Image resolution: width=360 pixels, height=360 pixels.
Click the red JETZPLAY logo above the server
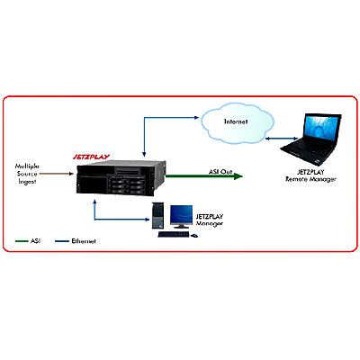91,157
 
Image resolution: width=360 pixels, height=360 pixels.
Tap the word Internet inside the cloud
236,121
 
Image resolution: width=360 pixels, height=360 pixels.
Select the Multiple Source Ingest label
27,174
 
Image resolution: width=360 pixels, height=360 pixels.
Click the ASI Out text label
220,172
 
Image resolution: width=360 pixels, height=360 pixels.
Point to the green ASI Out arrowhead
238,176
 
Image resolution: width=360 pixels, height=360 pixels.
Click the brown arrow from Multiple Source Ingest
57,174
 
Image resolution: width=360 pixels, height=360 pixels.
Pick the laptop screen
321,130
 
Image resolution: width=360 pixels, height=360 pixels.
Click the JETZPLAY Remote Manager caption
310,175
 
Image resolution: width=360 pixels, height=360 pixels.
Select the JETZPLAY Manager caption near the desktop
210,220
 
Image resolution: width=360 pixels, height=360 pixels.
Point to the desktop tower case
158,215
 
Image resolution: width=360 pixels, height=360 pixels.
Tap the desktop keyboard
174,234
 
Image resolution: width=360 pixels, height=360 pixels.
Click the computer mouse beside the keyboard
194,236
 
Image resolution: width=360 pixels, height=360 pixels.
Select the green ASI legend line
22,241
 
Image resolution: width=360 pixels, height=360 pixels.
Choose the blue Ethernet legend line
62,241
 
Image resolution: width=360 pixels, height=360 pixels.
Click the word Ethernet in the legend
84,241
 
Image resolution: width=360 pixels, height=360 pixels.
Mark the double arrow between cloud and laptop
282,139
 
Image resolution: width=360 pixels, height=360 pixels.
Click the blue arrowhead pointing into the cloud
197,118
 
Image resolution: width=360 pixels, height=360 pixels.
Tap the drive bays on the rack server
126,185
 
